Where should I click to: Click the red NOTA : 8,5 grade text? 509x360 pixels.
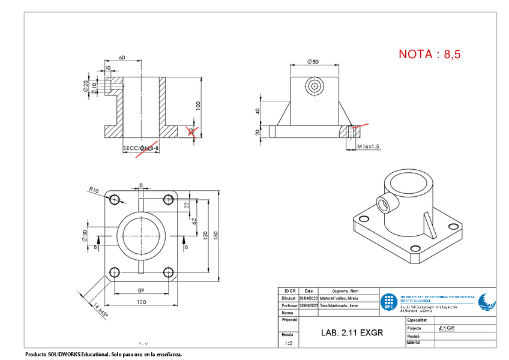click(x=430, y=54)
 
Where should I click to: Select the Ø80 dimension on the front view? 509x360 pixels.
click(x=312, y=62)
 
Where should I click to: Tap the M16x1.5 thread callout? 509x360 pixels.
click(x=368, y=146)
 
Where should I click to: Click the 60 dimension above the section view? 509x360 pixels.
click(x=122, y=58)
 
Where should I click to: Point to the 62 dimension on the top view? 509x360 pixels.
click(x=194, y=221)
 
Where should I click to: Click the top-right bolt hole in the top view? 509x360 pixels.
click(x=168, y=200)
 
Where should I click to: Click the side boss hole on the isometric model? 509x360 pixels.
click(x=383, y=203)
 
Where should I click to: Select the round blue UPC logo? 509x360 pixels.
click(x=390, y=302)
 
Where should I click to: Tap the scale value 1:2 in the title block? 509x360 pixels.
click(x=289, y=344)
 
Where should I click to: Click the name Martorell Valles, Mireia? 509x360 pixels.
click(x=339, y=298)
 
